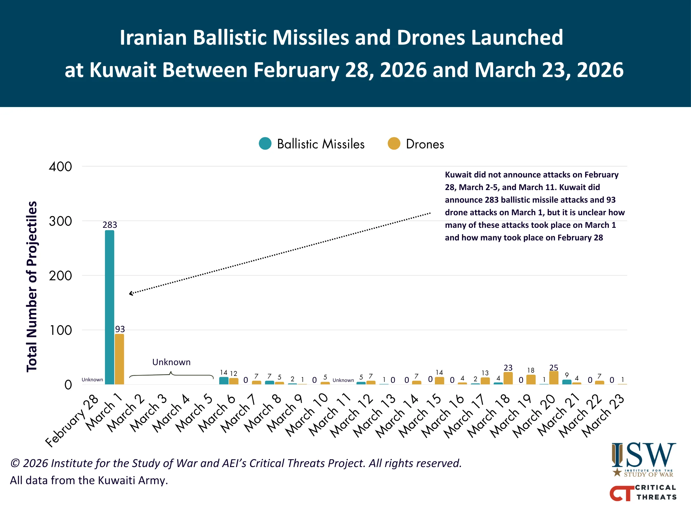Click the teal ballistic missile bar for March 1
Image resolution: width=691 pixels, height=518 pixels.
click(x=109, y=308)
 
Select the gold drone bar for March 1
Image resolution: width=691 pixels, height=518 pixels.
click(x=119, y=359)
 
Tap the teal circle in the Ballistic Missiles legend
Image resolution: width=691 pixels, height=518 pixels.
click(x=265, y=144)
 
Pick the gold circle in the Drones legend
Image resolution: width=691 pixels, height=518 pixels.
click(x=394, y=144)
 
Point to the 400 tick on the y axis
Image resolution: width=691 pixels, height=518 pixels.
click(x=60, y=167)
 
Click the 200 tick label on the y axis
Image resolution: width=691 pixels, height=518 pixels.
click(x=60, y=276)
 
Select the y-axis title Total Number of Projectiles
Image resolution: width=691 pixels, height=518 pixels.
click(x=32, y=287)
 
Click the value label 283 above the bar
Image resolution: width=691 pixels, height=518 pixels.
click(x=110, y=225)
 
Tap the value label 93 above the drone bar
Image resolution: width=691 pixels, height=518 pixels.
click(x=120, y=329)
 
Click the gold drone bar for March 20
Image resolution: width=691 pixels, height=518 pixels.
click(x=554, y=378)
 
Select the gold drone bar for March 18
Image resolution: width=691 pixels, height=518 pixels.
click(x=508, y=378)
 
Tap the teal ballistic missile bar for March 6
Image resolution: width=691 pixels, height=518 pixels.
click(x=224, y=381)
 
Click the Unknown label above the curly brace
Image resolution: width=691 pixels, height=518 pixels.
click(x=171, y=362)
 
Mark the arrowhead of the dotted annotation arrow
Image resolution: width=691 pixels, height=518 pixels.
click(x=131, y=293)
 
